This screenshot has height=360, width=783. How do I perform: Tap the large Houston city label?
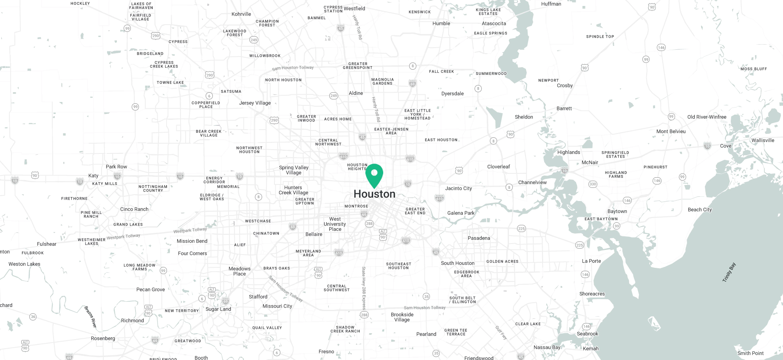374,194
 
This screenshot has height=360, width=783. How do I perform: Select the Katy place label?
93,176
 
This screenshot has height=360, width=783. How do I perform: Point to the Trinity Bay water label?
729,272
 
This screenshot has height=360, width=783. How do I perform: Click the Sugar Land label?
218,309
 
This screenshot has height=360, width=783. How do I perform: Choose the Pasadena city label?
479,238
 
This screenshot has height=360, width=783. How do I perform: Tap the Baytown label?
617,211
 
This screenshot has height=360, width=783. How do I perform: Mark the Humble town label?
441,23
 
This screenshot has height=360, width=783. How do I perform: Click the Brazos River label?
90,317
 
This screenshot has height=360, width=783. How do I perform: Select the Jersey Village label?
255,103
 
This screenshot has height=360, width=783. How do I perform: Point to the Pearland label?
426,334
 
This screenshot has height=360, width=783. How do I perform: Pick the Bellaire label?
314,234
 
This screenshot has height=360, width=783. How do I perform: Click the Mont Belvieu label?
671,131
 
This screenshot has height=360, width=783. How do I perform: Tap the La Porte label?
591,261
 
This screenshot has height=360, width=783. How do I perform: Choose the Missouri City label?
277,306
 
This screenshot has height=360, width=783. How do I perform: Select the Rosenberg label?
103,338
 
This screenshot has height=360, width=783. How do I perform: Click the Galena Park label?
461,213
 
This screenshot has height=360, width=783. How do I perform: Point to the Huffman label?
551,4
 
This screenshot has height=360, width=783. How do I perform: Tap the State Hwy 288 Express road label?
364,288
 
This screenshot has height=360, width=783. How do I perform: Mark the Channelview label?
532,182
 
